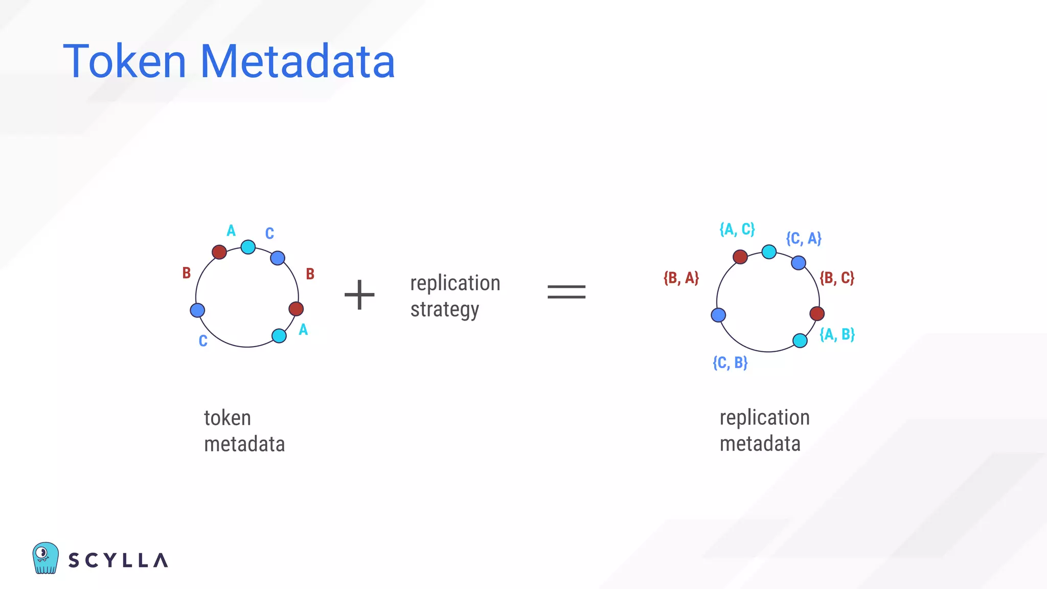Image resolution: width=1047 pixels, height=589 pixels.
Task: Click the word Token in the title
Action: point(124,62)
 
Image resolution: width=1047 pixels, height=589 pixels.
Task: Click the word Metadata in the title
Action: point(298,62)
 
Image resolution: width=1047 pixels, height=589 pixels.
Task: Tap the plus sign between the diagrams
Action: point(359,294)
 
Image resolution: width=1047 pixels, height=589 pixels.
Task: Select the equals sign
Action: point(566,292)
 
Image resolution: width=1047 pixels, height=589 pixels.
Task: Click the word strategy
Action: point(444,310)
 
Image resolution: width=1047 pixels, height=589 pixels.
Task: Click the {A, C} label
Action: point(737,229)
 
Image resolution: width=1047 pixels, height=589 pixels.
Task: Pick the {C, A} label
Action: point(804,238)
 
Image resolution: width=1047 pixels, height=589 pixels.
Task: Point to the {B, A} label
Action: point(681,278)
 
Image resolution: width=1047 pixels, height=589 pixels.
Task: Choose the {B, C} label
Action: point(837,278)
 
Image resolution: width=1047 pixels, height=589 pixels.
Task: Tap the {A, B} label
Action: point(837,334)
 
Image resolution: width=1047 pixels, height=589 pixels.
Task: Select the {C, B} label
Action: point(730,363)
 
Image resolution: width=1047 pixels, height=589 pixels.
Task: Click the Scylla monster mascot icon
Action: point(45,558)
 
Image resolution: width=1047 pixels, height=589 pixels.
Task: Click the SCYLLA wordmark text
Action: point(118,560)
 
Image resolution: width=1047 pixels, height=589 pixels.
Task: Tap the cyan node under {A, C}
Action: point(769,252)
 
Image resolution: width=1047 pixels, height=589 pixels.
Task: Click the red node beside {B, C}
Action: point(817,313)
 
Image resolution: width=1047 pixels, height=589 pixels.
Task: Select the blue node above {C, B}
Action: point(718,315)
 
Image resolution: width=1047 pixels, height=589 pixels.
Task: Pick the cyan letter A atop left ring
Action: point(231,231)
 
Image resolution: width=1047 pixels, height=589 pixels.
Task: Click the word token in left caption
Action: point(227,418)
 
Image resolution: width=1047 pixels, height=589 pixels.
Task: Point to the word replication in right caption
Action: point(764,418)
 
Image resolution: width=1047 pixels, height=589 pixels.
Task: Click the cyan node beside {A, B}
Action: point(800,341)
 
